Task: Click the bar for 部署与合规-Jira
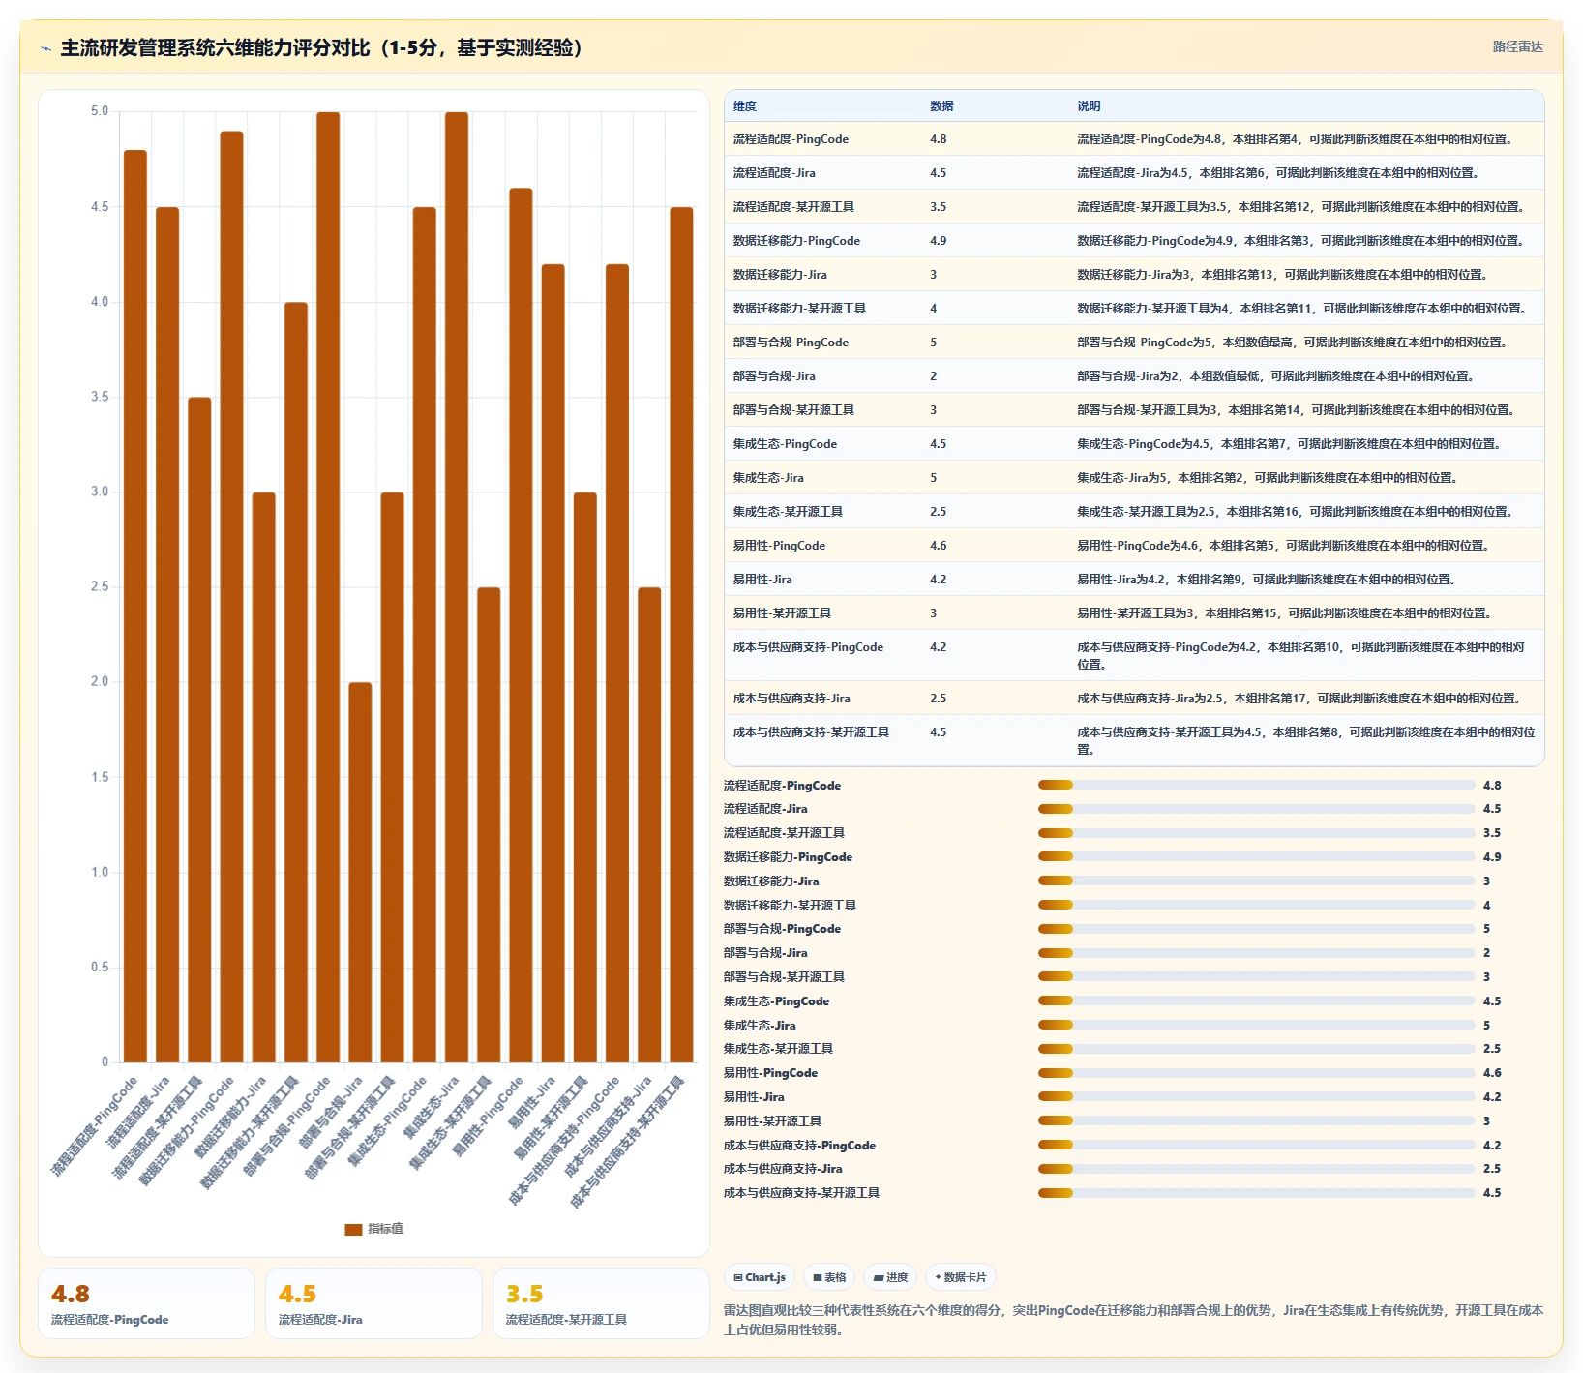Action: click(x=360, y=872)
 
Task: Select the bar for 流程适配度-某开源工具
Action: click(x=199, y=730)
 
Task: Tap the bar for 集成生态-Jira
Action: click(x=457, y=587)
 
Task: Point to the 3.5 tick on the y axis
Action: click(x=100, y=397)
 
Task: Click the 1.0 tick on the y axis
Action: click(x=100, y=872)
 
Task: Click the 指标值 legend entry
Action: click(x=374, y=1229)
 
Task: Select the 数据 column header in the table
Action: click(x=941, y=106)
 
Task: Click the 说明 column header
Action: click(x=1089, y=106)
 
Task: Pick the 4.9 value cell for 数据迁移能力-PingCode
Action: click(x=939, y=241)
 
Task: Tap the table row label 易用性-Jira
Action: click(x=762, y=580)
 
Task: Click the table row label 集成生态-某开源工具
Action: click(x=788, y=512)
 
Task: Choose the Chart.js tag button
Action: click(x=760, y=1277)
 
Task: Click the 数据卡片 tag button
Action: click(x=961, y=1277)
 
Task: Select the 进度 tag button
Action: click(x=890, y=1277)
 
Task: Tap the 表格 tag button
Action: click(x=829, y=1277)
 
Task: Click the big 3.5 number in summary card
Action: click(x=524, y=1294)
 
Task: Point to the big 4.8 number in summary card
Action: click(x=71, y=1294)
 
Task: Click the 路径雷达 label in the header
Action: click(x=1517, y=46)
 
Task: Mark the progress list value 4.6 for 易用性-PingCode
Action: click(x=1492, y=1073)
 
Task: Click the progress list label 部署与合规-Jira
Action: click(x=765, y=953)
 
